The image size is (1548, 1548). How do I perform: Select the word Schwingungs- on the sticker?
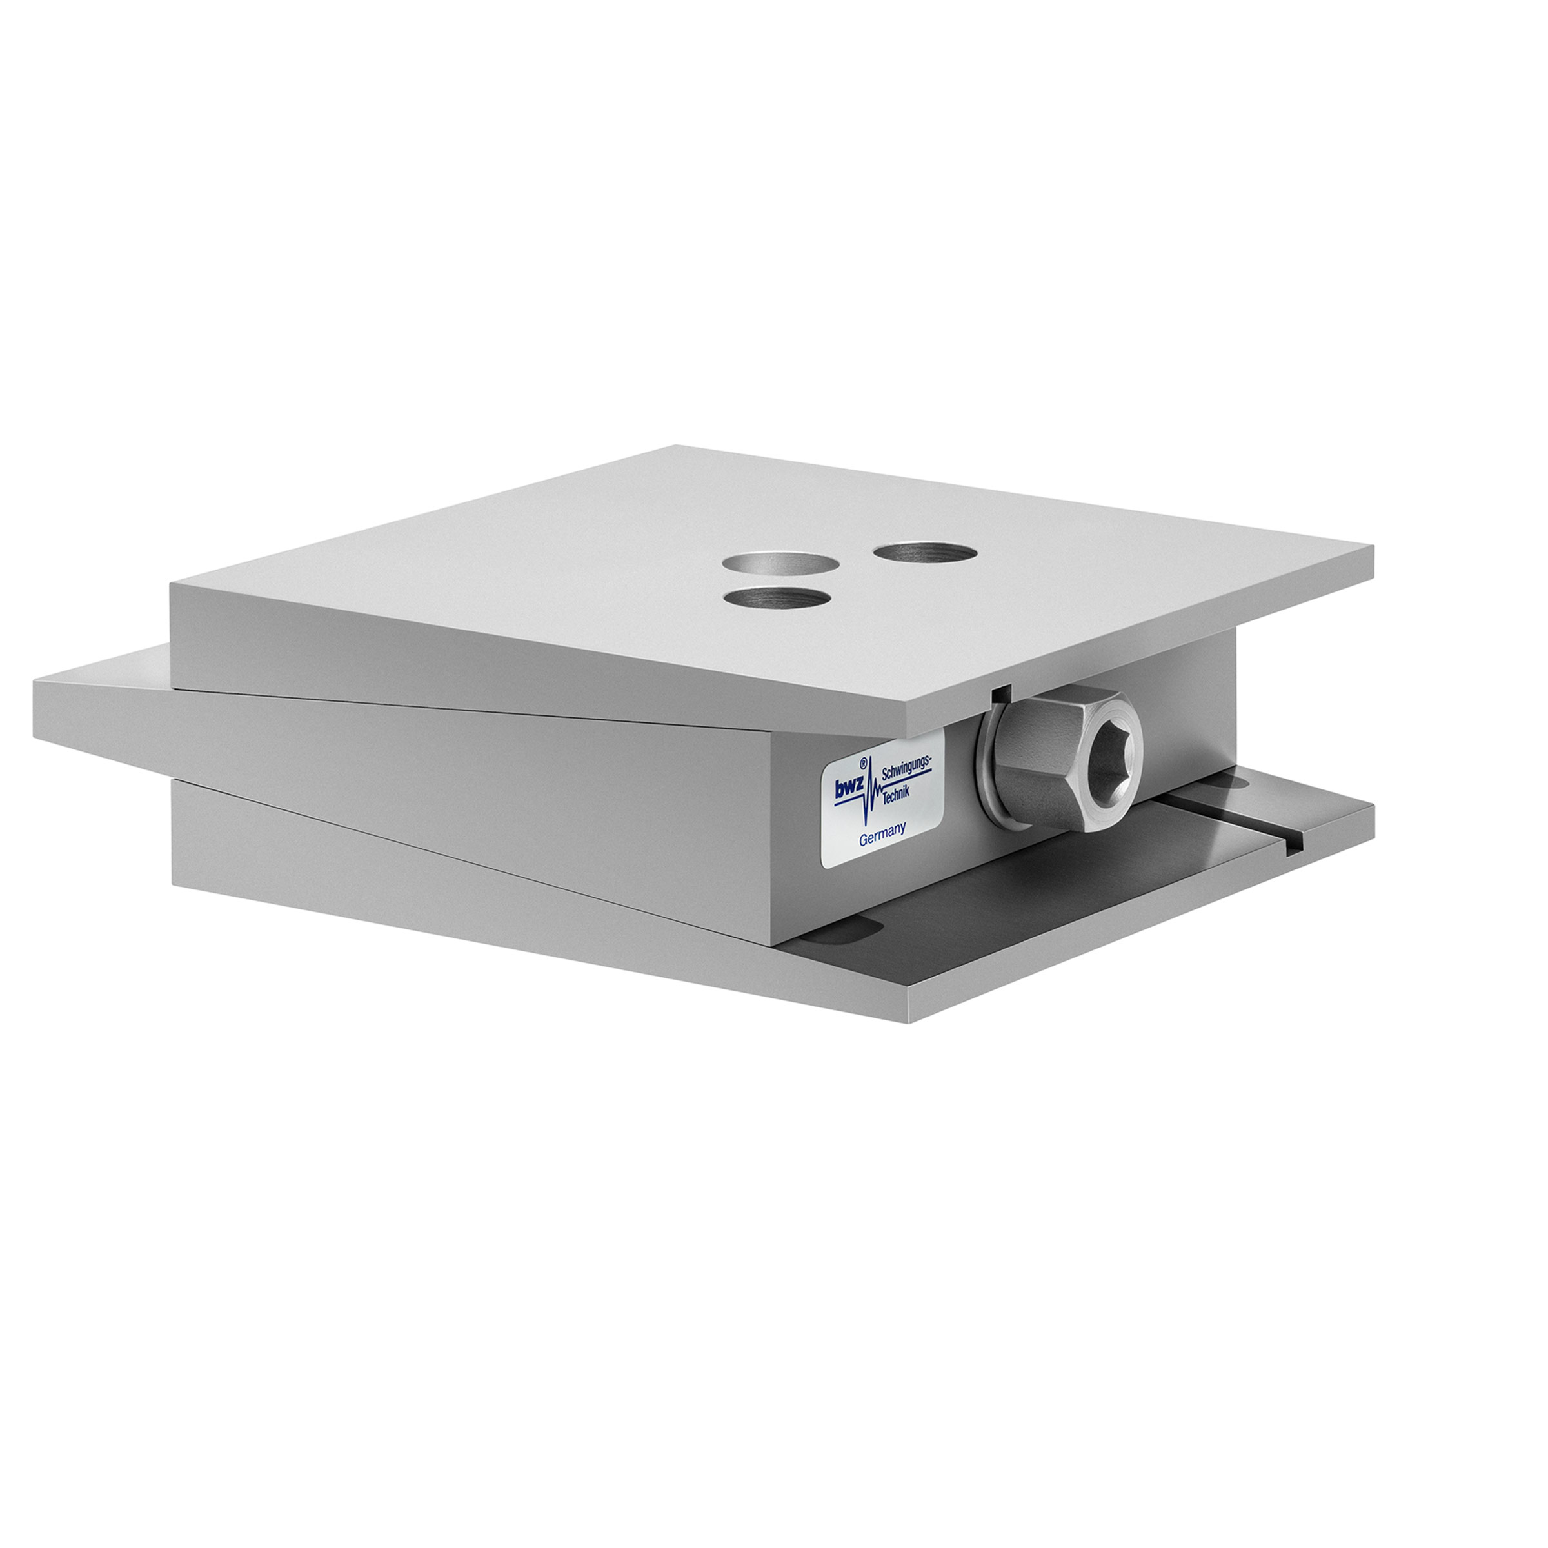point(906,768)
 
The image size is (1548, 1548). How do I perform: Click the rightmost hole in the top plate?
point(925,551)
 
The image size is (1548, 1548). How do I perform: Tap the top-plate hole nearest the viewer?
point(775,598)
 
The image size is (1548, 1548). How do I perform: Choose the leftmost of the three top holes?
point(773,562)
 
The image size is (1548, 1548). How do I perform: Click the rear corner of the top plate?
point(677,446)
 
